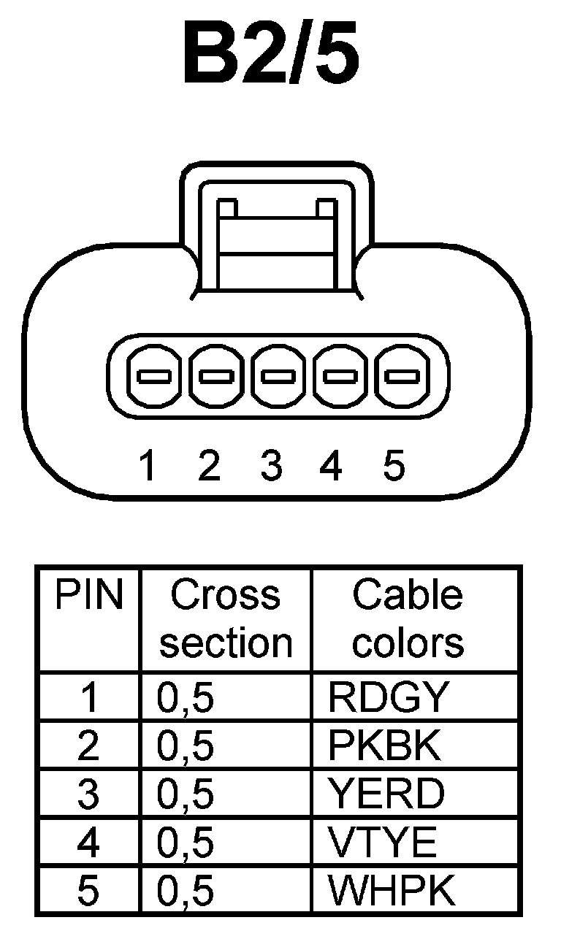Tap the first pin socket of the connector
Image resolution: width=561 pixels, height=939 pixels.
pyautogui.click(x=154, y=377)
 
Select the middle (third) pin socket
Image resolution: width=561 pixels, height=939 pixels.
pyautogui.click(x=279, y=377)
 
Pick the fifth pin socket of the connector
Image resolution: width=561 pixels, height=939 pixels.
pyautogui.click(x=403, y=377)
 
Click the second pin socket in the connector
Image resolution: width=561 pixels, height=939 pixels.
pyautogui.click(x=217, y=377)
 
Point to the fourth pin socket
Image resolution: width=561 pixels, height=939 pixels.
pyautogui.click(x=341, y=377)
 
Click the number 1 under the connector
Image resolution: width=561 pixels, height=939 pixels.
pyautogui.click(x=148, y=466)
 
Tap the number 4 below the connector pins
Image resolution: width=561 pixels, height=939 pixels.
pyautogui.click(x=331, y=466)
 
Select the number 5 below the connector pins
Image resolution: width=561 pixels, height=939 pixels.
pyautogui.click(x=393, y=466)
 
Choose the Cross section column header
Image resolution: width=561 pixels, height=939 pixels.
pyautogui.click(x=226, y=618)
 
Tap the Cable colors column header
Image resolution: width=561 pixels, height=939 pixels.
pyautogui.click(x=408, y=618)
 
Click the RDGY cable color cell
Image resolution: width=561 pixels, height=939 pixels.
pyautogui.click(x=386, y=698)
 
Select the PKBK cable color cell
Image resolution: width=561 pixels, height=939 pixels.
pyautogui.click(x=385, y=746)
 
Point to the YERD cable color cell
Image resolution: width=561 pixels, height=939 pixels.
pyautogui.click(x=386, y=794)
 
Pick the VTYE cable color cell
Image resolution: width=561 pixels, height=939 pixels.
pyautogui.click(x=383, y=843)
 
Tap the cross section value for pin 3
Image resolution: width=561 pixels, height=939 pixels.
pyautogui.click(x=186, y=794)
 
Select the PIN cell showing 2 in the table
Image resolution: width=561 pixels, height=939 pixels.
pyautogui.click(x=88, y=746)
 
